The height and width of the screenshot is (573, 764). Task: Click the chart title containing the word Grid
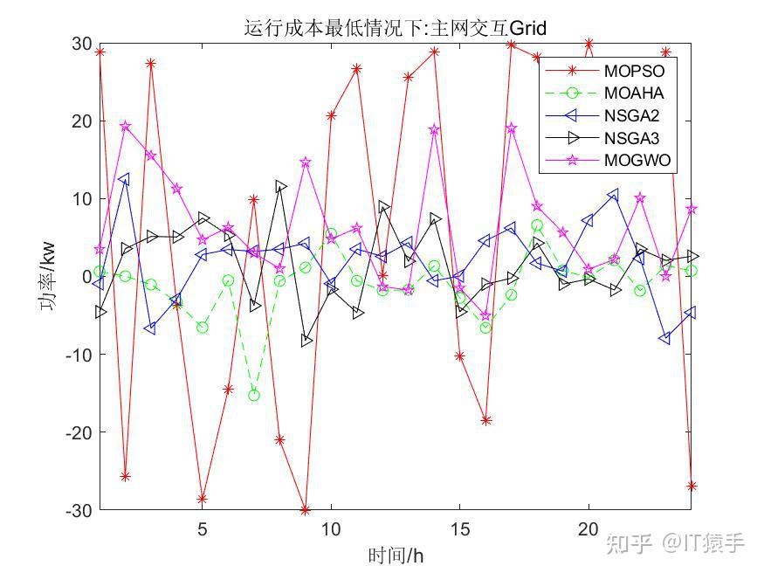click(395, 29)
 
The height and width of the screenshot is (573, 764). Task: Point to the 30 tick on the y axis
click(81, 45)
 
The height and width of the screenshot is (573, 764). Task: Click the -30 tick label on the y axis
click(79, 509)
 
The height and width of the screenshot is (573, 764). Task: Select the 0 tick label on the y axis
click(86, 277)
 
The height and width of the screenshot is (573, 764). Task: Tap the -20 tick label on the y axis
click(79, 432)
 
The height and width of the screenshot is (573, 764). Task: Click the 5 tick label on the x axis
click(203, 529)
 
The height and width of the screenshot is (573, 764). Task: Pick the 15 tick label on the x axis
click(460, 529)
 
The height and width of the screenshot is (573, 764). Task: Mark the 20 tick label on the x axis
click(588, 529)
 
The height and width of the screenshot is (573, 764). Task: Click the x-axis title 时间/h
click(396, 556)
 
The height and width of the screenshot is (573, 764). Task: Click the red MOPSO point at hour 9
click(306, 509)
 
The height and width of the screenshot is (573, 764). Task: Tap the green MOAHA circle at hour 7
click(254, 395)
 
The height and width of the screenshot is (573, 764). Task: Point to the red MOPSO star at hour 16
click(486, 420)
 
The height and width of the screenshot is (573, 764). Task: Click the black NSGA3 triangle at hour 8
click(280, 186)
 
